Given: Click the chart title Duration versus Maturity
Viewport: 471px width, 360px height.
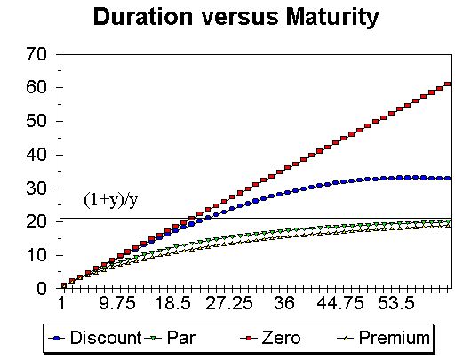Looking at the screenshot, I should coord(235,17).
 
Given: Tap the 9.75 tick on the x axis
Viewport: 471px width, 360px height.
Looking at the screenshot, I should coord(116,304).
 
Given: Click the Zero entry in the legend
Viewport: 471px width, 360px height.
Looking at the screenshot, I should coord(281,338).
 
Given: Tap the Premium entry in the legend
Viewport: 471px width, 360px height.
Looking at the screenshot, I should coord(386,338).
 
